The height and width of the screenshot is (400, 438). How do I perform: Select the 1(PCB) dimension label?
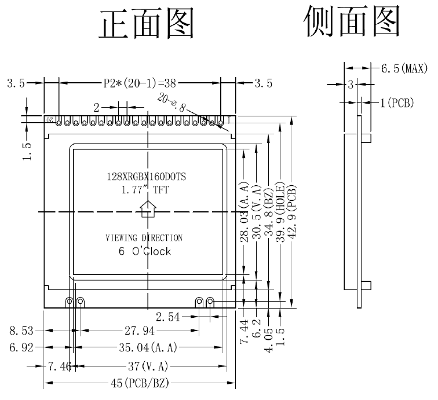(x=397, y=103)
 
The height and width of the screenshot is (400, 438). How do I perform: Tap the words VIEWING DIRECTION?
(x=144, y=238)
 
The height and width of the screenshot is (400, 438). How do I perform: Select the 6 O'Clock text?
(x=144, y=252)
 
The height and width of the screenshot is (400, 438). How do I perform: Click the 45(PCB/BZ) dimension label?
(x=140, y=384)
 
